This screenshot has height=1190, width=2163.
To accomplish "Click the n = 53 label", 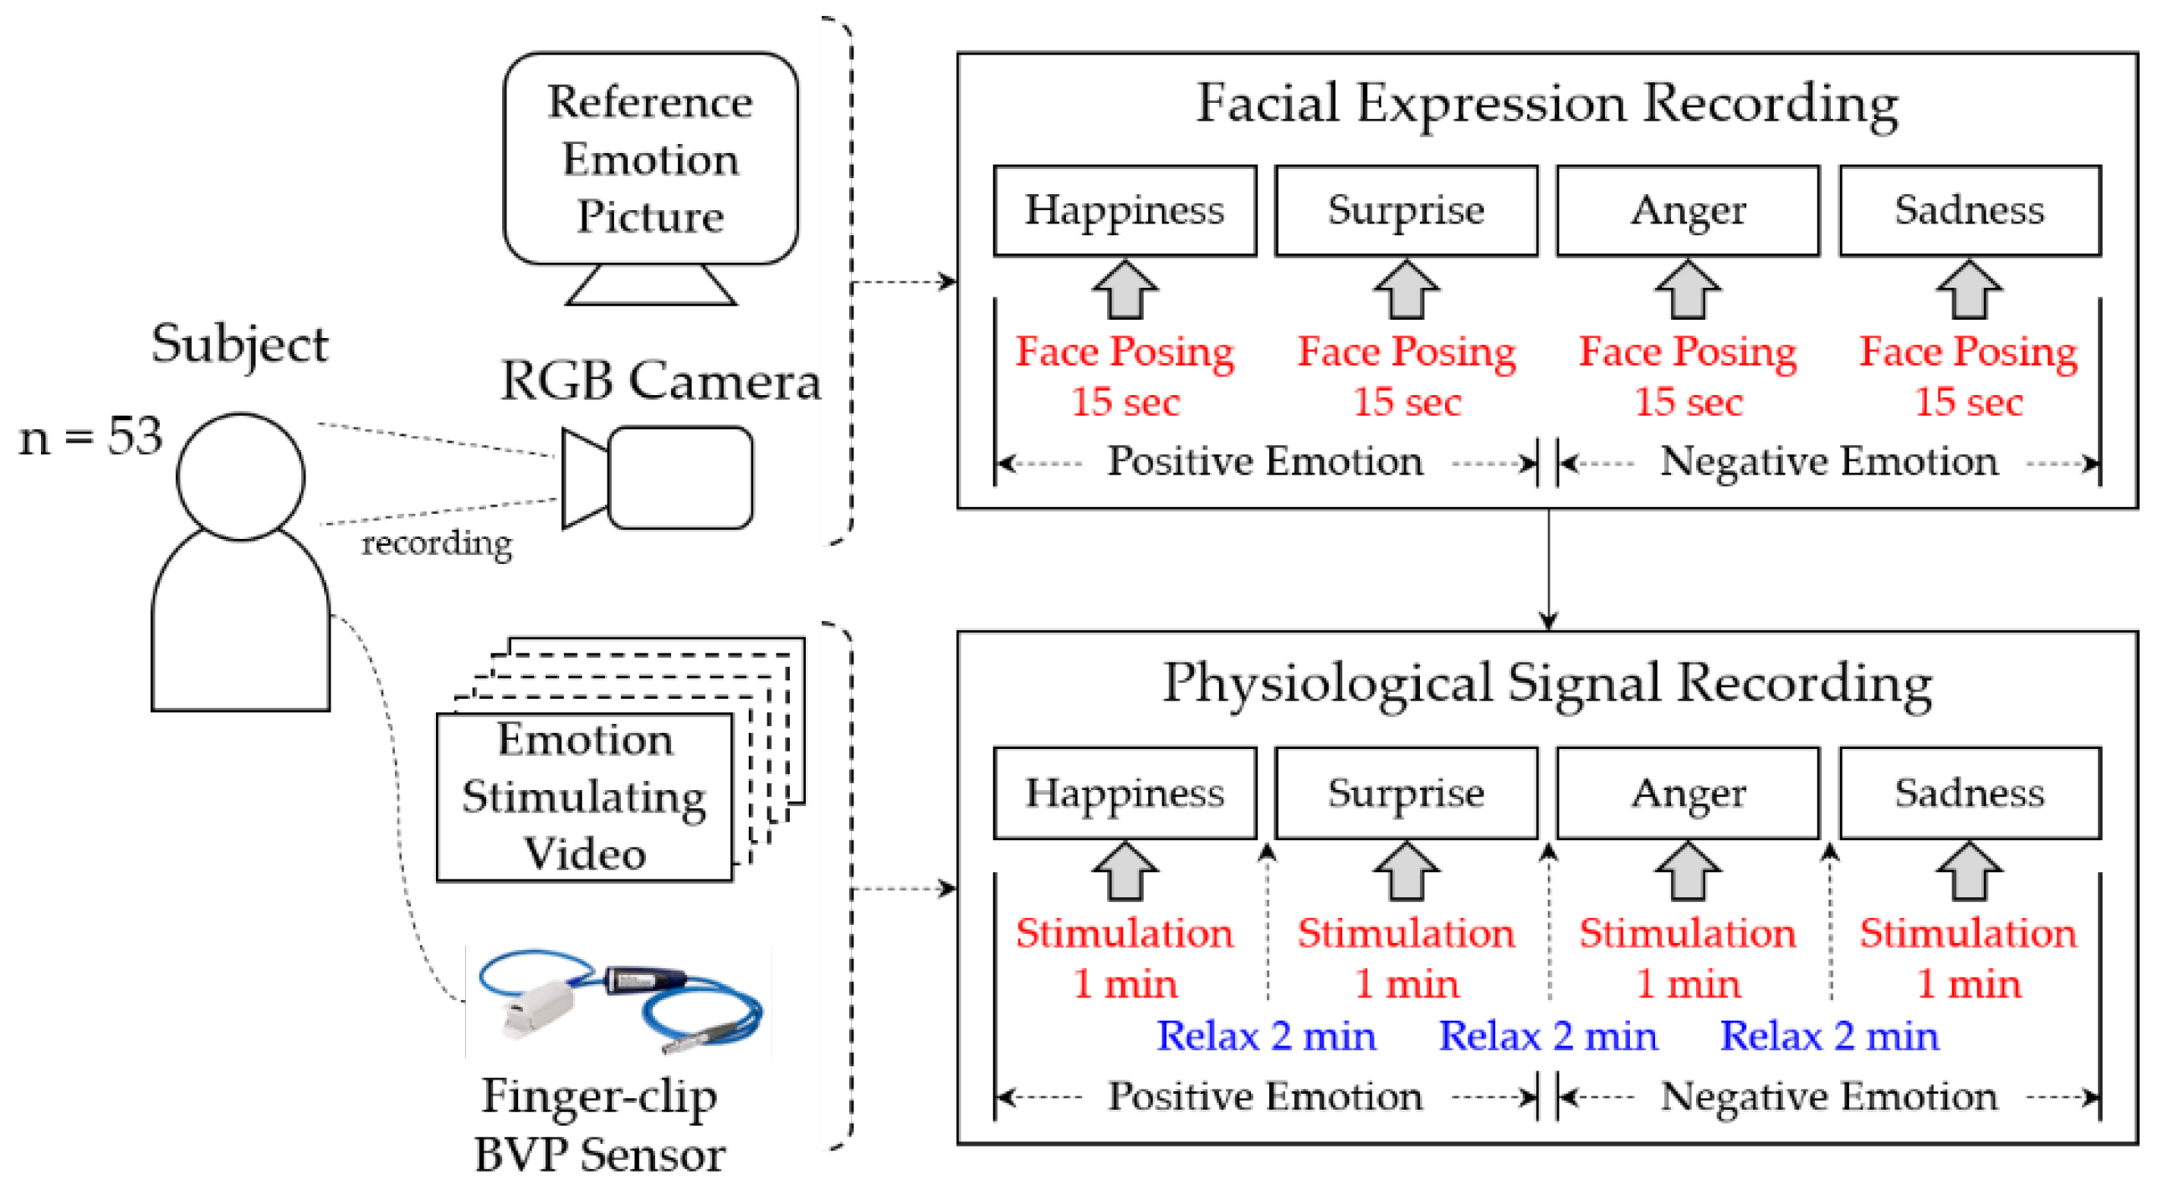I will coord(90,438).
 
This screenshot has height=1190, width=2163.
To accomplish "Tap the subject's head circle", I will coord(240,476).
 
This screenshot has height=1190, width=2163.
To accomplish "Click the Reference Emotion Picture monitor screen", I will coord(651,159).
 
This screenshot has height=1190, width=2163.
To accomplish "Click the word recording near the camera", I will coord(437,543).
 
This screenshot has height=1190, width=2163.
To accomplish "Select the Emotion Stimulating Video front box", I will coord(584,797).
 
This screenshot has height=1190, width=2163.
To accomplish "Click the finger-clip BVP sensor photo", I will coord(619,1001).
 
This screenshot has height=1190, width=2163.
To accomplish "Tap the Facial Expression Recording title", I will coord(1546,103).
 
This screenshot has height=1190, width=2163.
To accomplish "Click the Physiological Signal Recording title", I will coord(1546,682).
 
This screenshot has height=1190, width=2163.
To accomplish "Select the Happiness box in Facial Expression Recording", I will coord(1125,210).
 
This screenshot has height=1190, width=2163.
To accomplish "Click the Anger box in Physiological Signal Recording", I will coord(1688,792).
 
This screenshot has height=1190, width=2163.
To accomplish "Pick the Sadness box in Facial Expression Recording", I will coord(1969,210).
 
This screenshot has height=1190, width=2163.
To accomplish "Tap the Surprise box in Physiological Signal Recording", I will coord(1406,792).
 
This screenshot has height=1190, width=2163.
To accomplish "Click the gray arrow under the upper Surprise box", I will coord(1407,290).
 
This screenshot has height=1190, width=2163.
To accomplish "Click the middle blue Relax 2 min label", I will coord(1547,1035).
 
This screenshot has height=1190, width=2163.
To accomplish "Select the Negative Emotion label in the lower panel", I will coord(1829,1096).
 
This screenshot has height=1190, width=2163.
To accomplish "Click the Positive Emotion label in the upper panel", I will coord(1264,461).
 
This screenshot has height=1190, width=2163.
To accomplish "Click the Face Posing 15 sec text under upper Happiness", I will coord(1125,376).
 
